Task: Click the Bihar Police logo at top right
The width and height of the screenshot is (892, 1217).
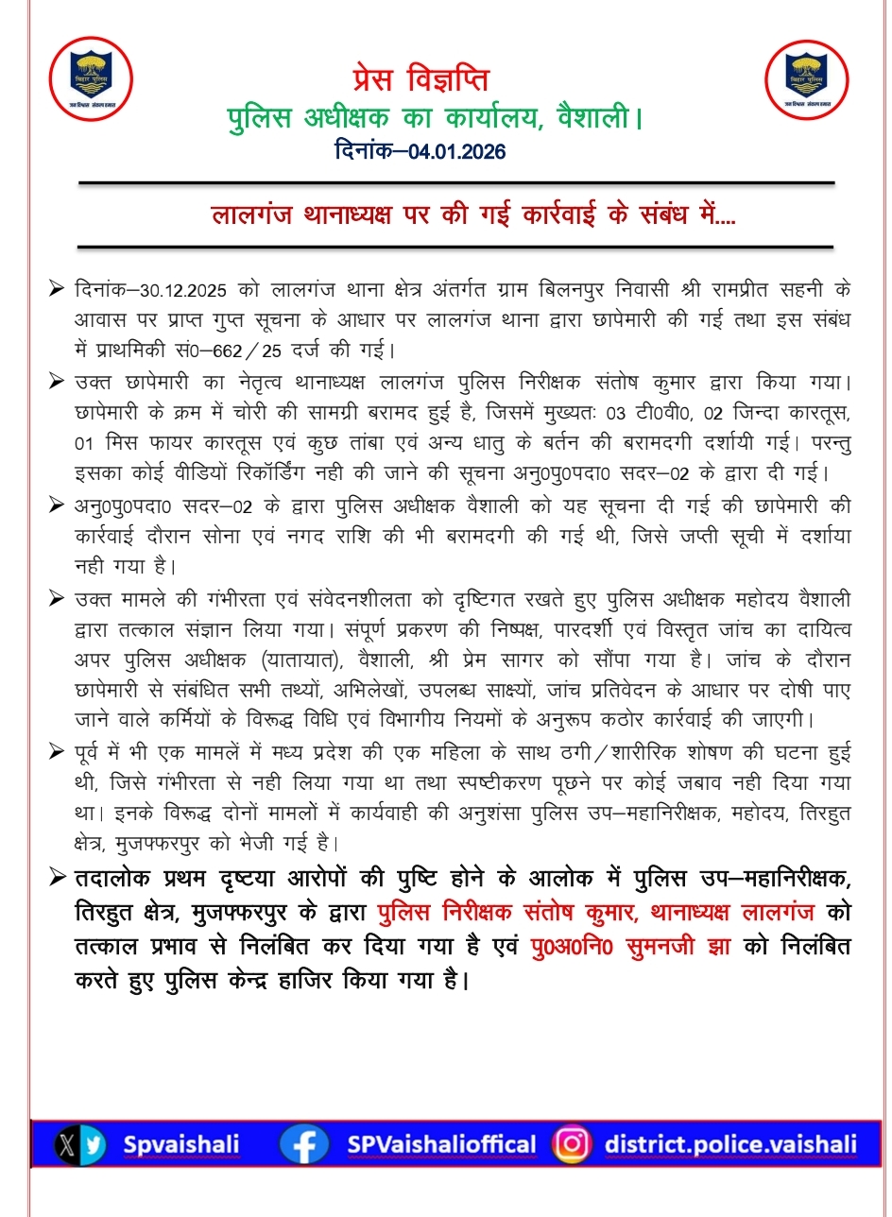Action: pyautogui.click(x=806, y=78)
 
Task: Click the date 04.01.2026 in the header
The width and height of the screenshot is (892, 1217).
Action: pyautogui.click(x=458, y=151)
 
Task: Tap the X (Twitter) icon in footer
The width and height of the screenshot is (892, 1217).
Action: pyautogui.click(x=67, y=1144)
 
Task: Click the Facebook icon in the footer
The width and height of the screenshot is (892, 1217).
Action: pyautogui.click(x=303, y=1144)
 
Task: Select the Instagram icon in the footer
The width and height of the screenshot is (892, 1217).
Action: pyautogui.click(x=571, y=1144)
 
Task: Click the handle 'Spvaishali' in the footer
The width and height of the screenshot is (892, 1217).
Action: pyautogui.click(x=181, y=1144)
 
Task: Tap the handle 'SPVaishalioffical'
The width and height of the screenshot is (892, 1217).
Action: pyautogui.click(x=441, y=1144)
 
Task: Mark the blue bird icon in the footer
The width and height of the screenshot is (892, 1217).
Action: pyautogui.click(x=94, y=1144)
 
